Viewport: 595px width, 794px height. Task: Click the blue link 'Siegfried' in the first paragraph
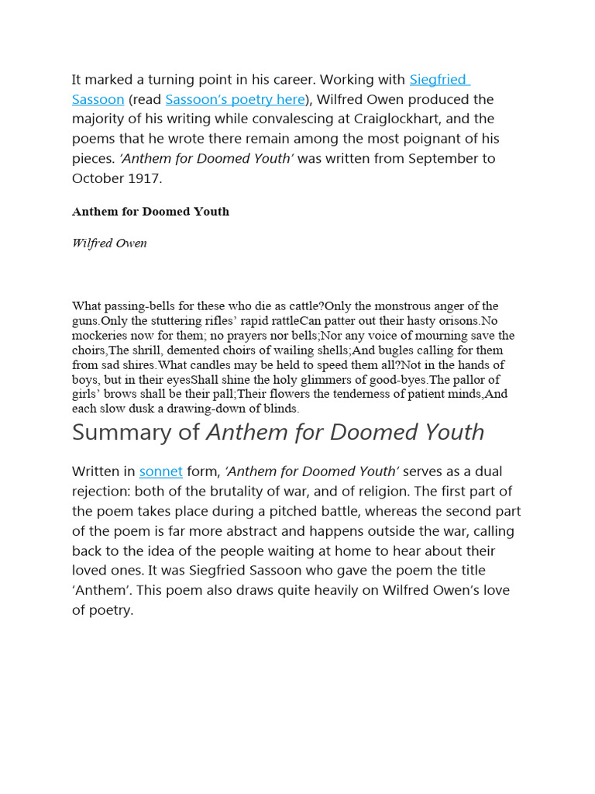(439, 79)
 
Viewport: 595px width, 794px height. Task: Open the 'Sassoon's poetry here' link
(235, 99)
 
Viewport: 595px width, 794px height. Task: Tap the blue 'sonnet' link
(160, 471)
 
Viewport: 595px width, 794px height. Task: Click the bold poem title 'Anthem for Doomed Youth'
(150, 211)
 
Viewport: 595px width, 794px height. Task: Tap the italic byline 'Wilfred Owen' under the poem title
(109, 243)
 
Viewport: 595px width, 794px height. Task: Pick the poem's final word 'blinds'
(280, 409)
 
